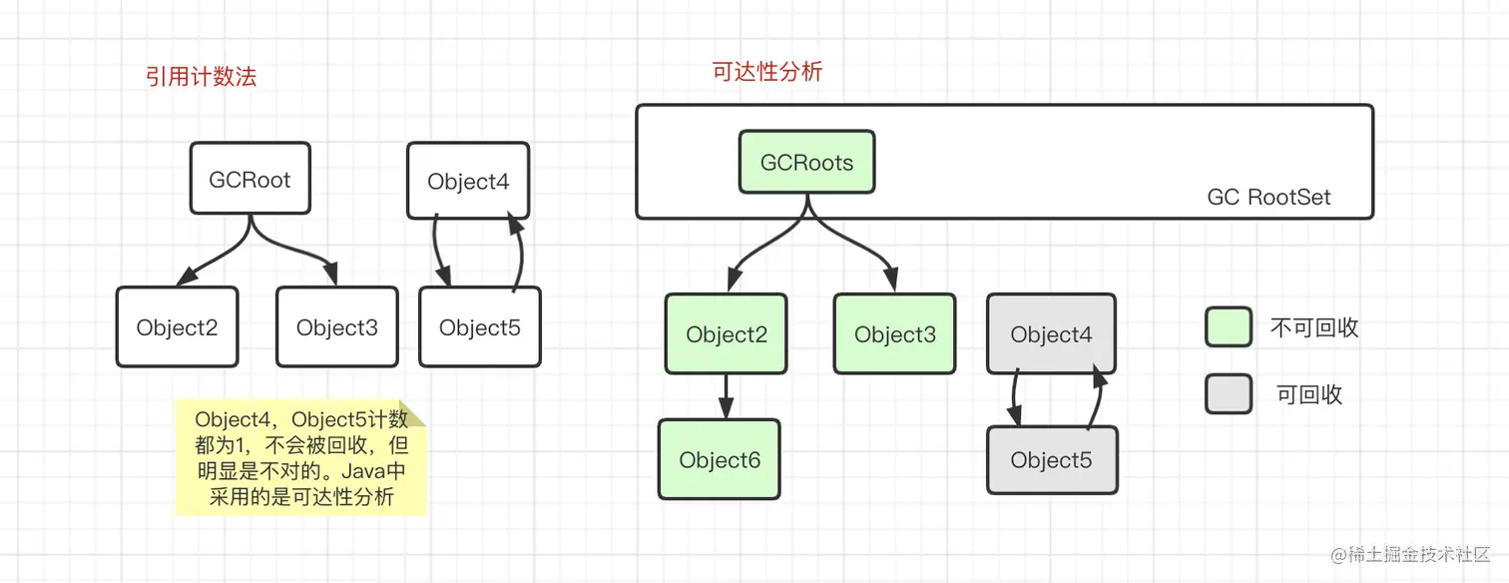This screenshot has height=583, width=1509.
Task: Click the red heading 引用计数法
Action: pyautogui.click(x=202, y=77)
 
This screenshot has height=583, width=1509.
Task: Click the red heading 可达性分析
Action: pyautogui.click(x=766, y=72)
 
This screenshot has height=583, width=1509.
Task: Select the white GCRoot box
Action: pyautogui.click(x=250, y=180)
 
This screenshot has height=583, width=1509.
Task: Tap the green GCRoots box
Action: pyautogui.click(x=806, y=162)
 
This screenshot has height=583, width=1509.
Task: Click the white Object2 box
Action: pyautogui.click(x=177, y=326)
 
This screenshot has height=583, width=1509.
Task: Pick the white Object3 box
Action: pyautogui.click(x=336, y=326)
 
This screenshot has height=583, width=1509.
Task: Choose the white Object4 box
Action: pyautogui.click(x=468, y=181)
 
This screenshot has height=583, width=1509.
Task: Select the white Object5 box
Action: pyautogui.click(x=479, y=326)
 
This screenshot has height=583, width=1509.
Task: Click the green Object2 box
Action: pyautogui.click(x=726, y=333)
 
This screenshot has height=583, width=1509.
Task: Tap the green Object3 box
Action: pyautogui.click(x=894, y=333)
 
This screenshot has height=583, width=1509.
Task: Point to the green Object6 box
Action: pyautogui.click(x=719, y=459)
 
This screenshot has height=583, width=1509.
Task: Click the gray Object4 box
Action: pyautogui.click(x=1051, y=333)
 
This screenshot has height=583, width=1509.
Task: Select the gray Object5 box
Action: pyautogui.click(x=1051, y=459)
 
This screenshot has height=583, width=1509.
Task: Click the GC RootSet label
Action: pyautogui.click(x=1268, y=197)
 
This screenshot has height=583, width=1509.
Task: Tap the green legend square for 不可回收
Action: pyautogui.click(x=1228, y=326)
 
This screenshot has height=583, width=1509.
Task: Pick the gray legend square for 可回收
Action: pyautogui.click(x=1228, y=393)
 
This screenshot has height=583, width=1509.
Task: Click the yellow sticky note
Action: pyautogui.click(x=299, y=458)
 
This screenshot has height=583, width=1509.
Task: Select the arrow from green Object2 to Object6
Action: pyautogui.click(x=726, y=395)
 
